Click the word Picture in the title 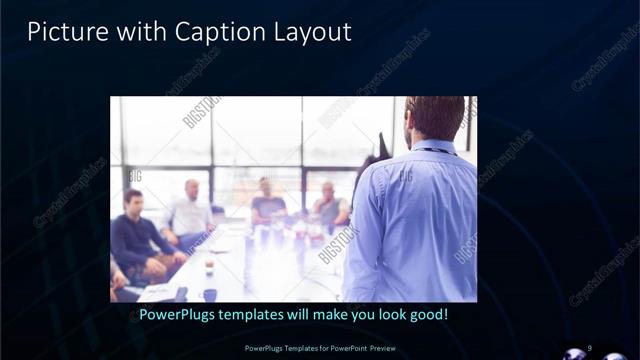pos(62,32)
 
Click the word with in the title pos(140,32)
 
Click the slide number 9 pos(590,347)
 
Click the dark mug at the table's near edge pos(209,295)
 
